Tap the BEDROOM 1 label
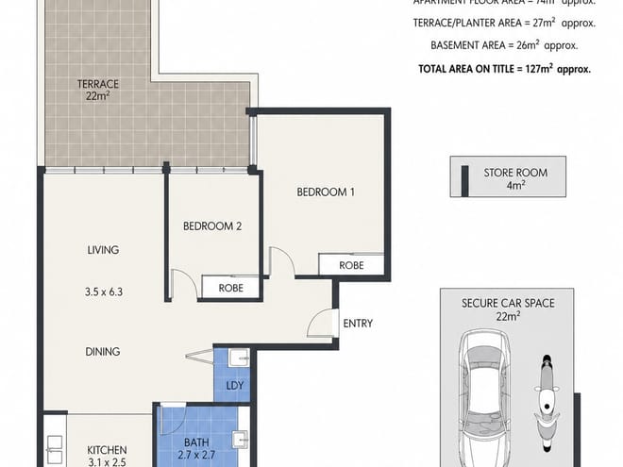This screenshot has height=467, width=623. pyautogui.click(x=326, y=192)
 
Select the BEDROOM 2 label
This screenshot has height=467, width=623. pyautogui.click(x=212, y=226)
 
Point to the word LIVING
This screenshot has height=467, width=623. pyautogui.click(x=103, y=250)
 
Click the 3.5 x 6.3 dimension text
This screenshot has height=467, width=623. pyautogui.click(x=103, y=292)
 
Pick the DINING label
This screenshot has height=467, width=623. pyautogui.click(x=103, y=352)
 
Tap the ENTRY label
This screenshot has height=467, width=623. pyautogui.click(x=358, y=324)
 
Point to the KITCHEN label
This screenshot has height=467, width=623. pyautogui.click(x=107, y=450)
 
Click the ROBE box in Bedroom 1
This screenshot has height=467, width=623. pyautogui.click(x=350, y=267)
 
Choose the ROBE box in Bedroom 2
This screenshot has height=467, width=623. pyautogui.click(x=231, y=288)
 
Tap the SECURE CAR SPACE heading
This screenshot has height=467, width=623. pyautogui.click(x=507, y=303)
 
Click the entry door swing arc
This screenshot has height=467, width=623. pyautogui.click(x=323, y=322)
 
